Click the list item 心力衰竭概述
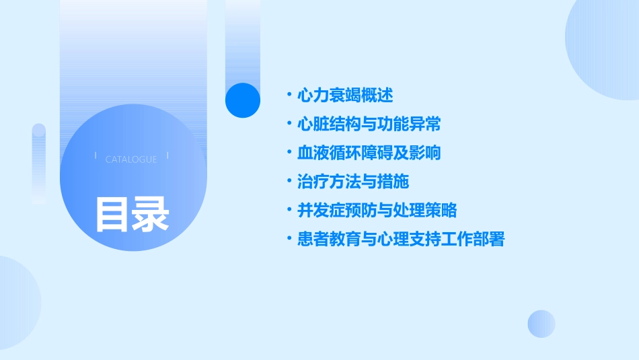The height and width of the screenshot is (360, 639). tap(345, 96)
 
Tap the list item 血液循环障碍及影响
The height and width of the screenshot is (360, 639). tap(369, 153)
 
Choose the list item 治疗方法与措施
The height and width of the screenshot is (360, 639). tap(353, 182)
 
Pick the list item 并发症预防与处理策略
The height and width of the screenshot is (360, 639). tap(377, 210)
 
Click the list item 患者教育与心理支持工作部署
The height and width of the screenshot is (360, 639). tap(400, 239)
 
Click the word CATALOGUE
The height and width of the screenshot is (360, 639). tap(131, 159)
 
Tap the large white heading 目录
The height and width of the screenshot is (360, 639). tap(132, 213)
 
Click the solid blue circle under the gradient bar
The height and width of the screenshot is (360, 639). tap(243, 100)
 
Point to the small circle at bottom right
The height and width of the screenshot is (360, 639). tap(541, 324)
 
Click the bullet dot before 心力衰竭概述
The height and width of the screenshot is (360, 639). tap(289, 96)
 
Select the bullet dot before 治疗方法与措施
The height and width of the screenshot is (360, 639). tap(289, 182)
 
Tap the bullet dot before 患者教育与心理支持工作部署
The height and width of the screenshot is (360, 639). tap(289, 239)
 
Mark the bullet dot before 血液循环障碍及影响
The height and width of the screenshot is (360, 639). tap(289, 153)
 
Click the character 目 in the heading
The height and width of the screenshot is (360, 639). tap(112, 213)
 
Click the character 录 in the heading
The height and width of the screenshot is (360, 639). tap(151, 213)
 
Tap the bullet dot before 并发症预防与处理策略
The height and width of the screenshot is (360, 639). tap(289, 210)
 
